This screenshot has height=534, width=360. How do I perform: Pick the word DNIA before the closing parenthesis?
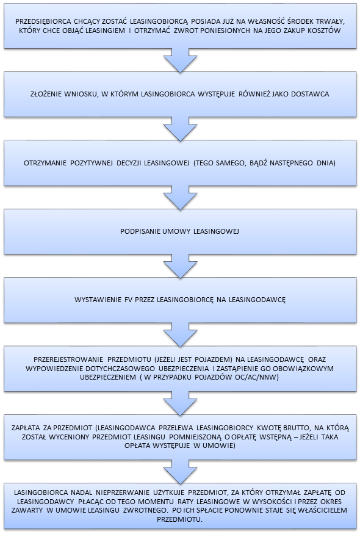(x=325, y=163)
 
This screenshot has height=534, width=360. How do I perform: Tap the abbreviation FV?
(x=128, y=300)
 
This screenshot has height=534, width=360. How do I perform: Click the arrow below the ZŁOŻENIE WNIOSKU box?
(x=181, y=129)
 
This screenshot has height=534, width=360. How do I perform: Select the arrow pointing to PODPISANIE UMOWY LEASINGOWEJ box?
(x=181, y=198)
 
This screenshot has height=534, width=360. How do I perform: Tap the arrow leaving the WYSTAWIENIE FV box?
(x=181, y=334)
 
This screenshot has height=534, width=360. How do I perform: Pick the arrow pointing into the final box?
(x=181, y=471)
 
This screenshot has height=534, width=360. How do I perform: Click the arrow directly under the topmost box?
(x=181, y=60)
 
